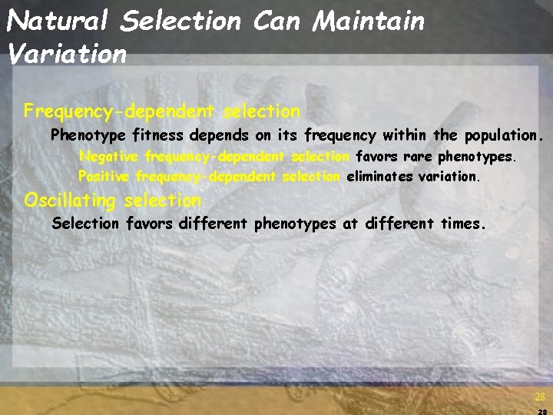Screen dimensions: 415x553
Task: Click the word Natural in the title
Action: pos(59,21)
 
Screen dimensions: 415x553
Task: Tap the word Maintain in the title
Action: pos(368,21)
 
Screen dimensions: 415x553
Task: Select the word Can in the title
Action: pos(276,21)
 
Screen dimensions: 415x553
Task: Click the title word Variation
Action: pos(66,54)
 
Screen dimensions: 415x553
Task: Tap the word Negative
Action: pos(110,157)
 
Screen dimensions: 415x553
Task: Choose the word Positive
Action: pos(104,176)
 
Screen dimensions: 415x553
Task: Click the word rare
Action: pos(419,157)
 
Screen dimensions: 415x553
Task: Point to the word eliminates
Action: pos(378,176)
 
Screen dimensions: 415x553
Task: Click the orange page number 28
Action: pos(540,397)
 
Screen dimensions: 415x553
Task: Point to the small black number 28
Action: pos(542,412)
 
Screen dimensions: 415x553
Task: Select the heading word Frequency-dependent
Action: pos(118,112)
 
